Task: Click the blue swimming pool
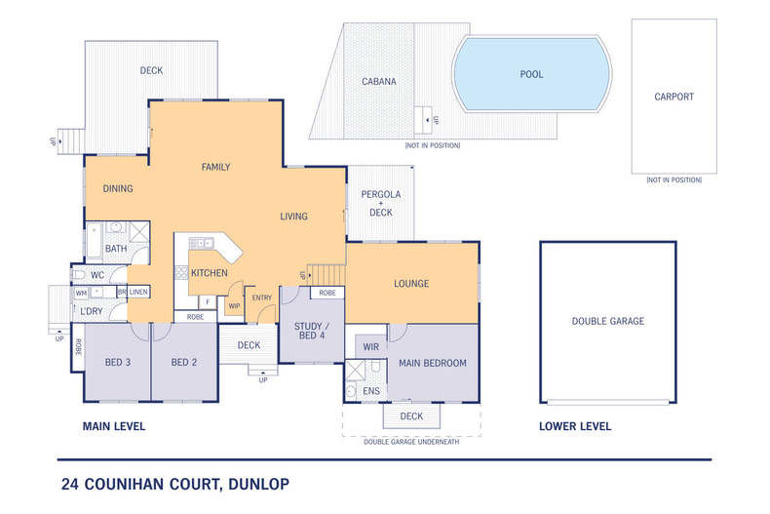[532, 74]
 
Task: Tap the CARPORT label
[674, 97]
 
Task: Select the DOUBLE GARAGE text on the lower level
[607, 321]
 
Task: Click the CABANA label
[378, 82]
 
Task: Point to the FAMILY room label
[215, 167]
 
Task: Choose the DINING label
[117, 188]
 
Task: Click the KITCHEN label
[209, 273]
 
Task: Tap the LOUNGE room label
[411, 284]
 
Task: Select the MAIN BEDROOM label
[432, 363]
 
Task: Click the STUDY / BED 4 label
[312, 331]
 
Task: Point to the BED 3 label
[117, 363]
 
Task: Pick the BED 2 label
[184, 363]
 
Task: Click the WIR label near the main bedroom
[370, 346]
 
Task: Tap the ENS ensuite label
[370, 391]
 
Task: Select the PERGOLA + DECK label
[381, 203]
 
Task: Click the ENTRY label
[262, 298]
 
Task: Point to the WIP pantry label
[234, 306]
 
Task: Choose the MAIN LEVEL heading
[113, 426]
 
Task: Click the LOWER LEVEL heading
[575, 426]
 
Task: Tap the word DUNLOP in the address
[256, 483]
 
